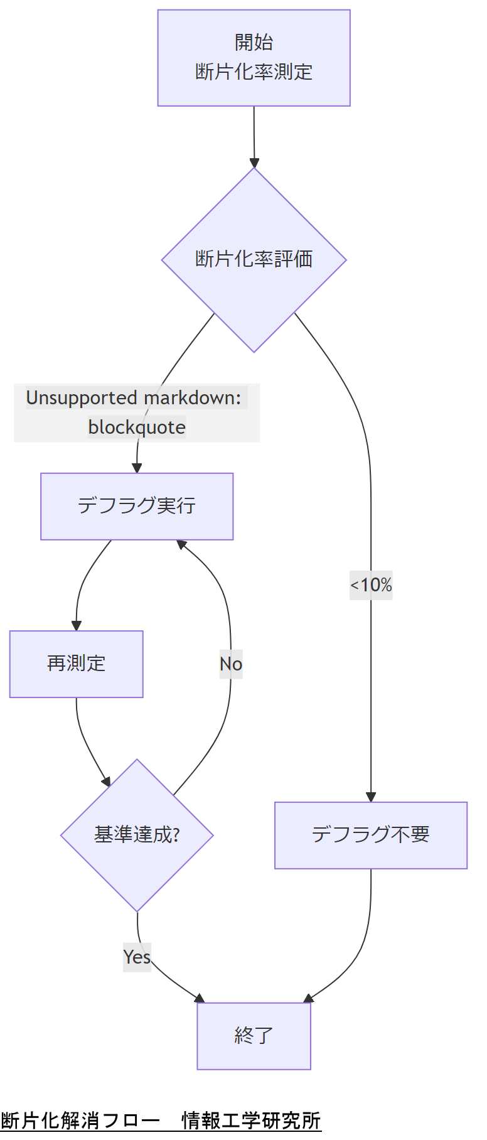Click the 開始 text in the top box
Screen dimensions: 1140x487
click(254, 42)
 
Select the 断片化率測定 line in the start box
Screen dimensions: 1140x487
click(254, 72)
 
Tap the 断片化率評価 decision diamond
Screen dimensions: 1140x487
click(254, 259)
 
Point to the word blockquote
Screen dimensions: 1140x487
click(137, 427)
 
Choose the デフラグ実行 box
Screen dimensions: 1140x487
click(137, 506)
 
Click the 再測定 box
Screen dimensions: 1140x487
click(76, 664)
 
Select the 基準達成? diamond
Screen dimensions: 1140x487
click(137, 835)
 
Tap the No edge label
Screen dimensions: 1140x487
click(230, 664)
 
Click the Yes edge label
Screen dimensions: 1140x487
click(137, 957)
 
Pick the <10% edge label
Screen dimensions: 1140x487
click(371, 585)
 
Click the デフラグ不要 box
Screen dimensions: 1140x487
click(370, 835)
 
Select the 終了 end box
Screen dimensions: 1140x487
click(254, 1035)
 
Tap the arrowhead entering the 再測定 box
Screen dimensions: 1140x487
click(77, 626)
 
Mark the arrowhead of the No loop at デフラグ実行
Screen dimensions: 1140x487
click(181, 544)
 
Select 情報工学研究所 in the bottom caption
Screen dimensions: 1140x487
click(251, 1121)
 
